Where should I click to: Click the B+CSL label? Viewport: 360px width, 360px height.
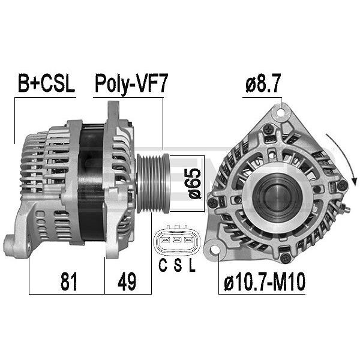click(x=46, y=83)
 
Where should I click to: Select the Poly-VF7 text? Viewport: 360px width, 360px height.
click(x=131, y=84)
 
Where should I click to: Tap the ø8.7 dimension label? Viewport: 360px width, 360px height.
click(x=263, y=83)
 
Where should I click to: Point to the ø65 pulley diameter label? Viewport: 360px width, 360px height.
click(x=193, y=184)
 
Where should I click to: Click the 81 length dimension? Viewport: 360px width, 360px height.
click(x=68, y=281)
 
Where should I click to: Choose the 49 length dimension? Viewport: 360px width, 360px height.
click(x=127, y=281)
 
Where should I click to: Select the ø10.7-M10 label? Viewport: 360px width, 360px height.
click(x=265, y=281)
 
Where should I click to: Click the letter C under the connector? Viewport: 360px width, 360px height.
click(x=163, y=265)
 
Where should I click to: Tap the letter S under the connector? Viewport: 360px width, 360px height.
click(x=178, y=265)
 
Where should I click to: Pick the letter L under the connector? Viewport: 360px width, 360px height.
click(x=192, y=265)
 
